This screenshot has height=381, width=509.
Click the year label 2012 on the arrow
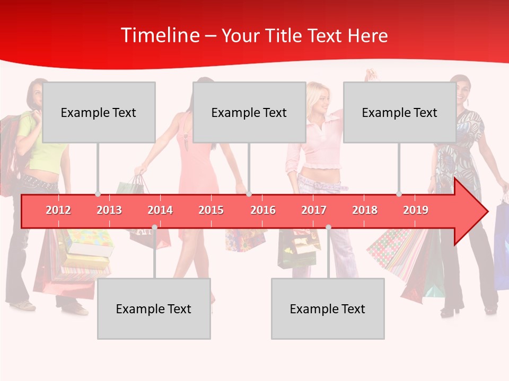tap(58, 210)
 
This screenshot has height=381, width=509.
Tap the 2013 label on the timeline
tap(109, 210)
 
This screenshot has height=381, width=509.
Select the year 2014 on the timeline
tap(160, 210)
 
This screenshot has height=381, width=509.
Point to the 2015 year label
tap(211, 210)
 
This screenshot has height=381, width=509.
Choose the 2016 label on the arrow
tap(263, 210)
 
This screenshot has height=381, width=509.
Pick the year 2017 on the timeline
tap(314, 210)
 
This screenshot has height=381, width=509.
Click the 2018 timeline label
tap(365, 210)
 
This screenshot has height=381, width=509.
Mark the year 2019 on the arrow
tap(416, 210)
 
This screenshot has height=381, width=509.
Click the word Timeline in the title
tap(160, 35)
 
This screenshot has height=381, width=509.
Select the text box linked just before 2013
tap(99, 112)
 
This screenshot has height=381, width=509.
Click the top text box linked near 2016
tap(249, 112)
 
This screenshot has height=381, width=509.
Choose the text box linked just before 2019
tap(400, 112)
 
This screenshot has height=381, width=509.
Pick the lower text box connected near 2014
tap(154, 309)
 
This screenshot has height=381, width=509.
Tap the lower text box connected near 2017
tap(328, 309)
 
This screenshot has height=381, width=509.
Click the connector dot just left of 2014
tap(154, 227)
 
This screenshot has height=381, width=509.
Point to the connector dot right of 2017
tap(328, 227)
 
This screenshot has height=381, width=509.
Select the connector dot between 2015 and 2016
tap(249, 194)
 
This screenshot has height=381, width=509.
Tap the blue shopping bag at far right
tap(502, 243)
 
